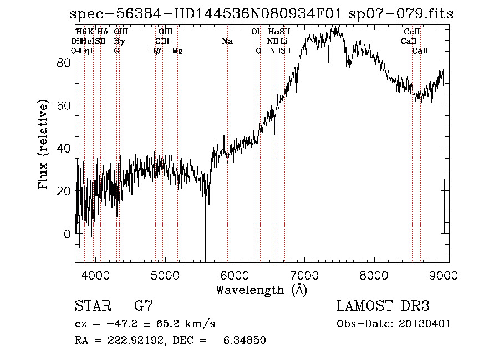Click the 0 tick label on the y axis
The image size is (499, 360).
(x=68, y=234)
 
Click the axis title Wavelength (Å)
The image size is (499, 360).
(x=261, y=290)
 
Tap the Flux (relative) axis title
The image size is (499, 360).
(x=43, y=145)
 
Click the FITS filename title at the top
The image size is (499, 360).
(x=262, y=14)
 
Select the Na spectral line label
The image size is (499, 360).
(x=227, y=41)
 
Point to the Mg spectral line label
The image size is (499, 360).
(x=177, y=51)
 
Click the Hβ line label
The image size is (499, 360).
(x=155, y=50)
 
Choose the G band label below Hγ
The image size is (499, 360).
(x=116, y=50)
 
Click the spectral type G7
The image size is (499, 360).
(x=143, y=306)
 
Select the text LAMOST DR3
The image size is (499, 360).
(x=383, y=306)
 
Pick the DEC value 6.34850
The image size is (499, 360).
(x=245, y=341)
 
